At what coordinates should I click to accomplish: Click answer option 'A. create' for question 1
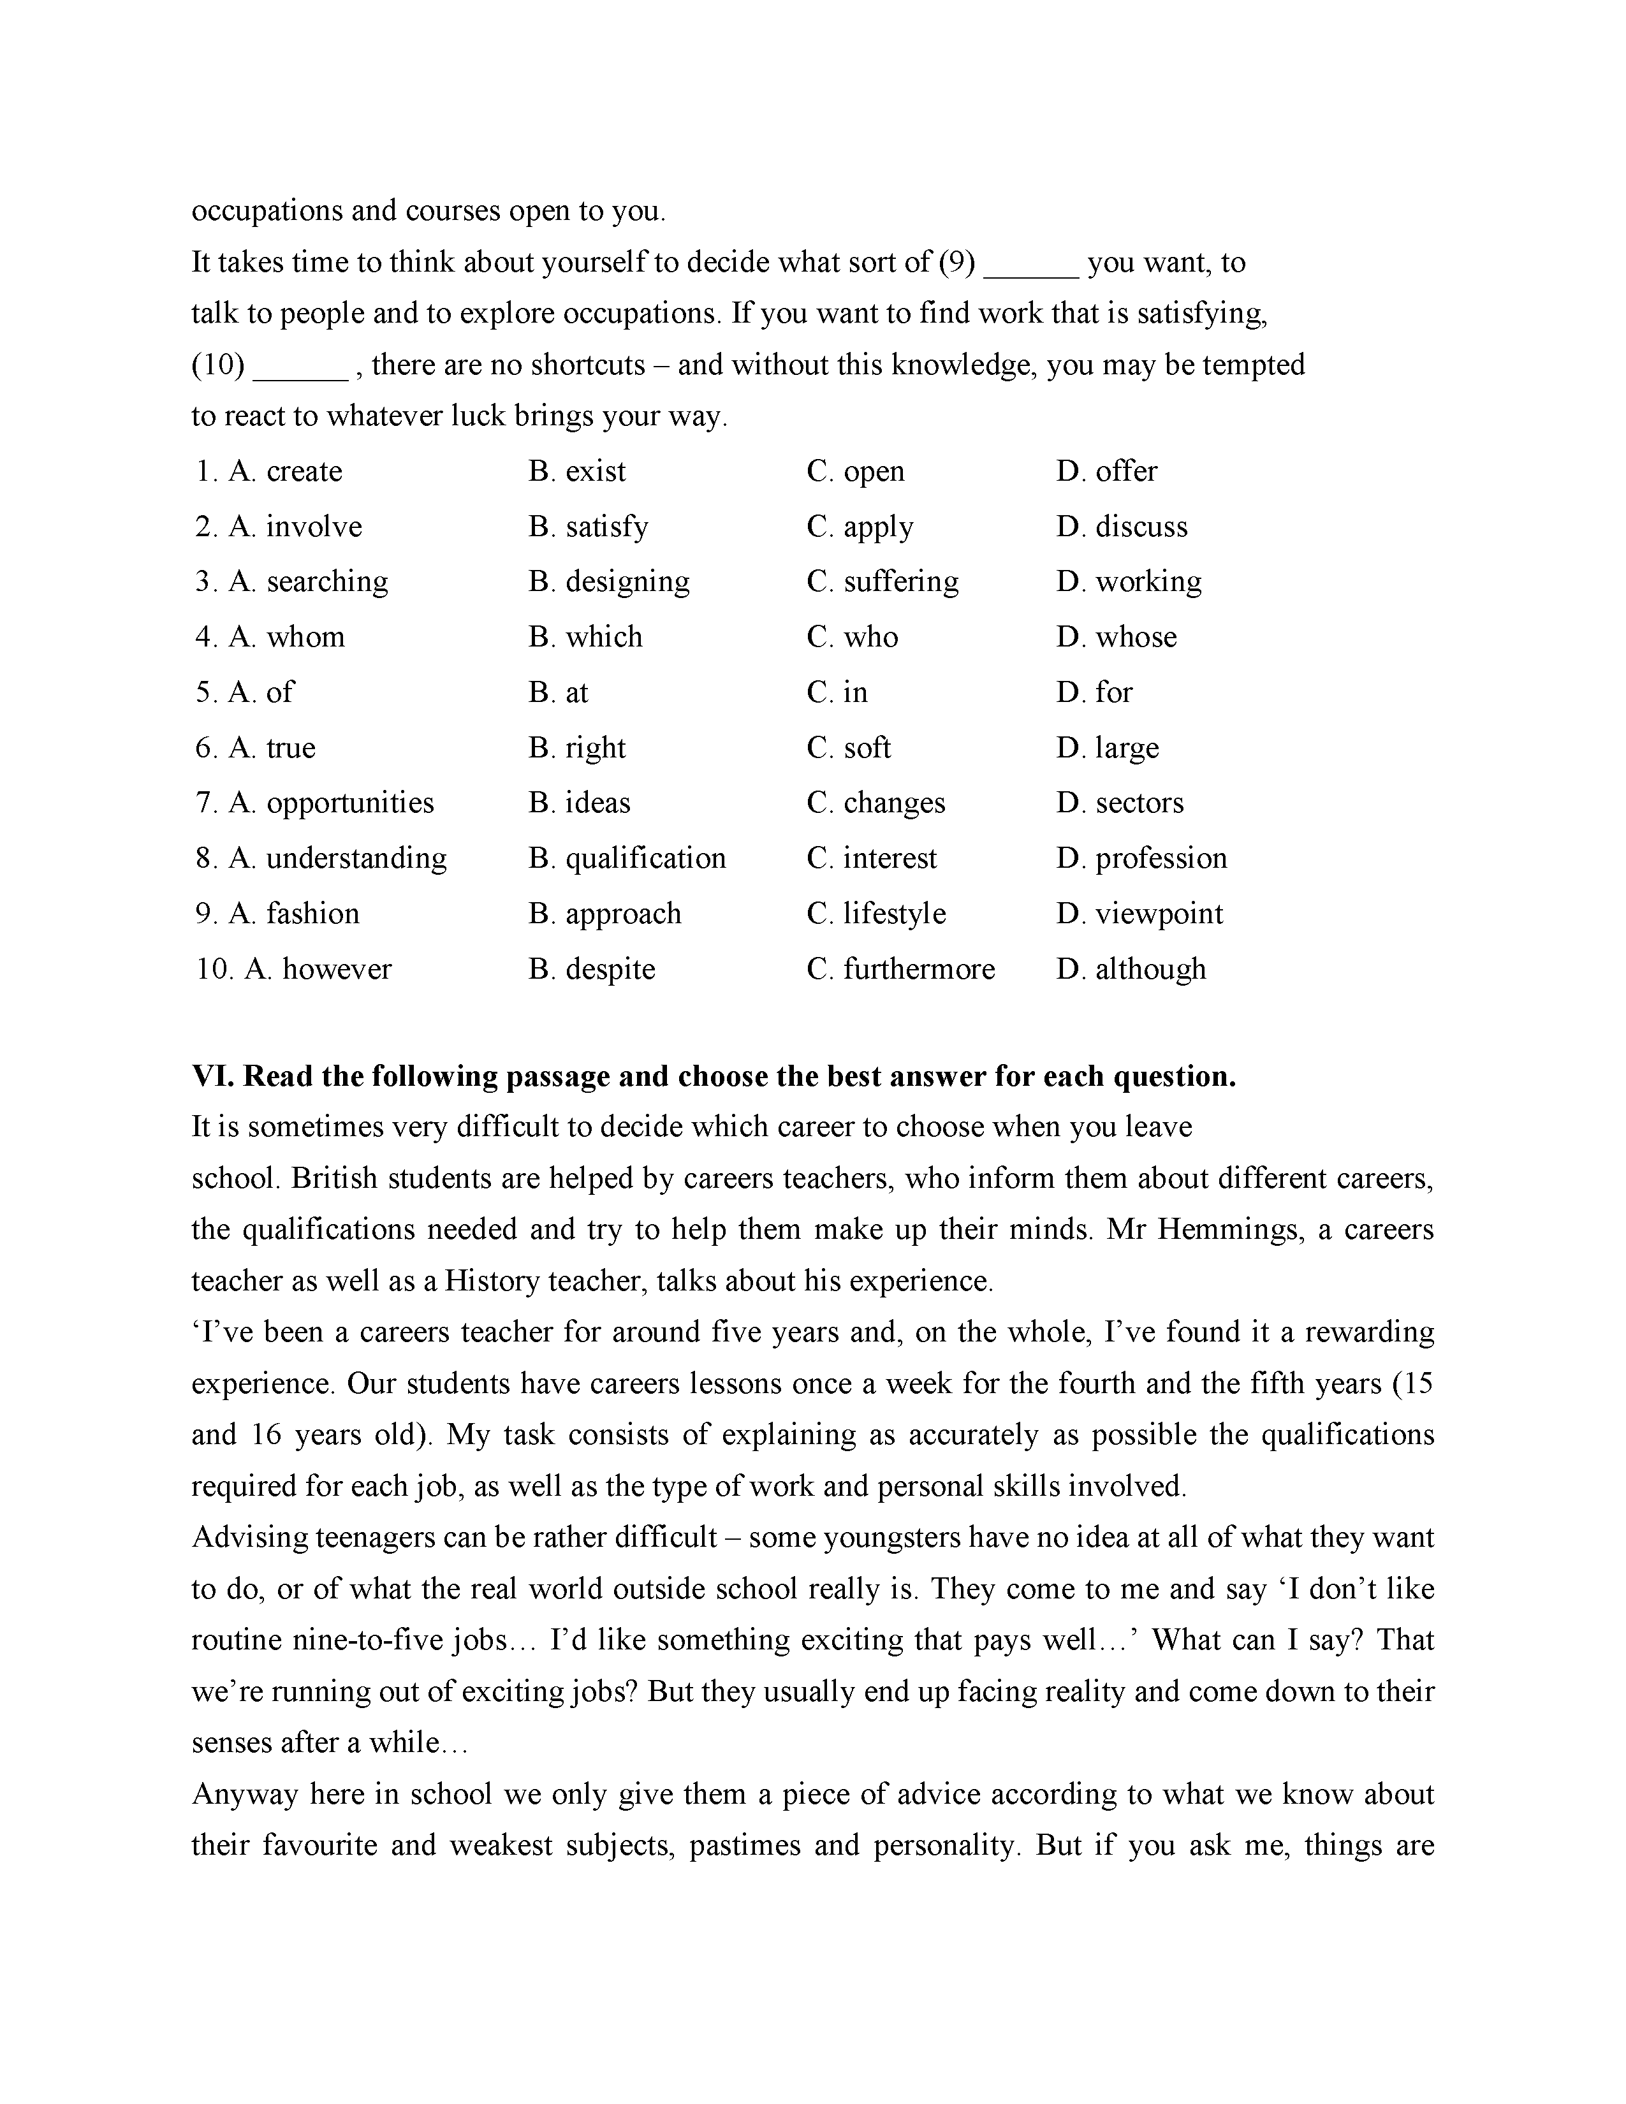point(285,471)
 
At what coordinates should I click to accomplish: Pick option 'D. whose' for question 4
point(1117,637)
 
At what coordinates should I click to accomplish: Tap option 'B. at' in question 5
point(558,692)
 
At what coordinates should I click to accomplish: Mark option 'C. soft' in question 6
point(849,748)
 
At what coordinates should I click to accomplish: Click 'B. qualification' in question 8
point(627,858)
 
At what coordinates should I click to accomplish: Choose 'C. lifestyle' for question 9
point(877,913)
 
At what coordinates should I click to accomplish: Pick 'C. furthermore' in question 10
point(900,968)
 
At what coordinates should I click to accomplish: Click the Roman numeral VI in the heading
point(213,1076)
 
